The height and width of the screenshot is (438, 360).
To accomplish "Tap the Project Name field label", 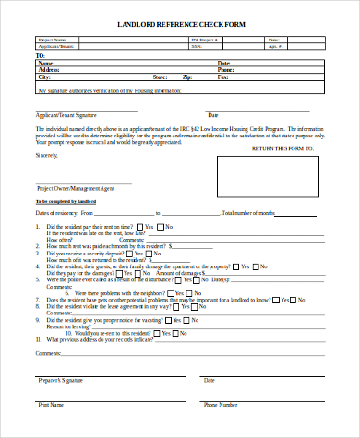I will (x=53, y=41).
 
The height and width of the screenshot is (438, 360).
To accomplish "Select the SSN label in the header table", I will (x=196, y=46).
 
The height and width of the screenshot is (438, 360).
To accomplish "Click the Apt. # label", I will (x=273, y=46).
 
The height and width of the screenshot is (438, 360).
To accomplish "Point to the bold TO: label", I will (x=40, y=55).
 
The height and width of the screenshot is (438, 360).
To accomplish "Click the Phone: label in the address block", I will (x=225, y=69).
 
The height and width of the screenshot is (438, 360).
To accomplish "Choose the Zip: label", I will (x=186, y=77).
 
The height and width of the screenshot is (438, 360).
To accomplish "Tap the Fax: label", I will (x=222, y=77).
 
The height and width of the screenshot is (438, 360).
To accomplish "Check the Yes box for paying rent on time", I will (x=139, y=227).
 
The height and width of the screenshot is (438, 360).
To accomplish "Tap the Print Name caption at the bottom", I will (x=51, y=404).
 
